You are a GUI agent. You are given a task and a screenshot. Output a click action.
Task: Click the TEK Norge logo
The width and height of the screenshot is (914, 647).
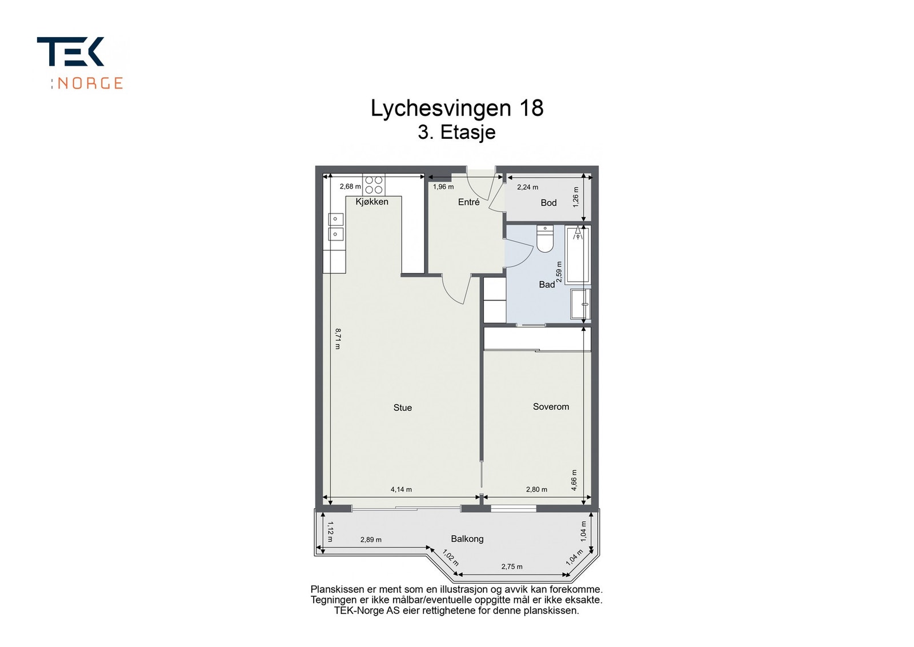tap(79, 63)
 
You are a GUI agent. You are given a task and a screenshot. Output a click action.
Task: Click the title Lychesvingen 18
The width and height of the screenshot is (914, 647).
tap(457, 108)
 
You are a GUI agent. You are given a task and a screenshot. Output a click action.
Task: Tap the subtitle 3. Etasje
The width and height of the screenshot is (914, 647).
tap(456, 133)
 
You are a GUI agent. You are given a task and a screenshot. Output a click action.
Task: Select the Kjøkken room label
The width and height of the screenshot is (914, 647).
tap(372, 202)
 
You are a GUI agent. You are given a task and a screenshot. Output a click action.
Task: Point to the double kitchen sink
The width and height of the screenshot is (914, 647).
tap(335, 226)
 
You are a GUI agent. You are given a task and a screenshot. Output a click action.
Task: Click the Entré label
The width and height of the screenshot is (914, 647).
tap(468, 202)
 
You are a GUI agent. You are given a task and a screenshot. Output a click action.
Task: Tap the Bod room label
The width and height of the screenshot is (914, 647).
tap(548, 203)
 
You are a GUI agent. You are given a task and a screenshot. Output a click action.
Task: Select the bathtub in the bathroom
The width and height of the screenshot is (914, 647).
tap(578, 254)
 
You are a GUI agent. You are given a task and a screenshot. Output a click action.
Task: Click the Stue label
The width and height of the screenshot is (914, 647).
tap(402, 408)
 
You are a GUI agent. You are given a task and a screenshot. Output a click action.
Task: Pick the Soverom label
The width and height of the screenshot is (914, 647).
tap(551, 407)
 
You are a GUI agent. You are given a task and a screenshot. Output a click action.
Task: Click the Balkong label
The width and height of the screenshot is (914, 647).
tap(467, 539)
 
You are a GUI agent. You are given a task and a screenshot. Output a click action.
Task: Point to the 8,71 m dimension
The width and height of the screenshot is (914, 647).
tap(338, 338)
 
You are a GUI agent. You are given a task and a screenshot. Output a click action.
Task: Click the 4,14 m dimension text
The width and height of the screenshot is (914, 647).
tap(401, 490)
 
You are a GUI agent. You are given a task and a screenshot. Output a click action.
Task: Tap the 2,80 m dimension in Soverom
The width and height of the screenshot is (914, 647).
tap(536, 490)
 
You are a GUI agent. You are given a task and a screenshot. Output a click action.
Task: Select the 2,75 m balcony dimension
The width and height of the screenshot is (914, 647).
tap(511, 567)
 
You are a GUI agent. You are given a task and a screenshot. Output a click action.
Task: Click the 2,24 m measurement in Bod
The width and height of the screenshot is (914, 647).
tap(527, 187)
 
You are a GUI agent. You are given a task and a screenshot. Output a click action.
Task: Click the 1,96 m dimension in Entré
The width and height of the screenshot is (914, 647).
tap(443, 187)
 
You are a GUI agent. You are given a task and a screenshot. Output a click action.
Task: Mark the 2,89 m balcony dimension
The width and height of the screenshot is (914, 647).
tap(371, 540)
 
